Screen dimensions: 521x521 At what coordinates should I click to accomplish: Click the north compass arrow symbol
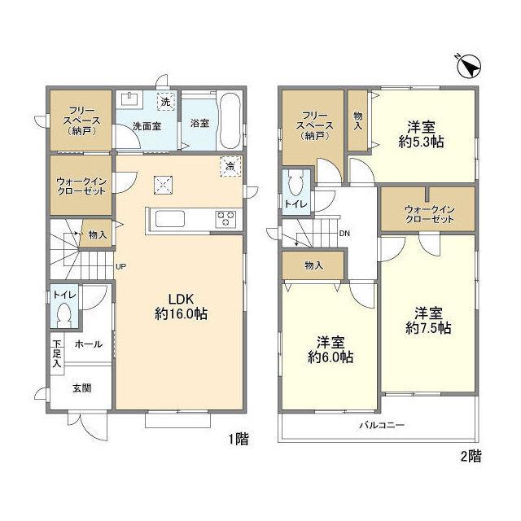click(x=469, y=66)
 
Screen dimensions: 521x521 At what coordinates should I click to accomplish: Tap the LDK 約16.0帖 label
click(x=181, y=306)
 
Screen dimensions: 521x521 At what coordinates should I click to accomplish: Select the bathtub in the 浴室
click(x=230, y=121)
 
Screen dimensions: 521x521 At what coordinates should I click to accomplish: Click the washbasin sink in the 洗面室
click(x=129, y=99)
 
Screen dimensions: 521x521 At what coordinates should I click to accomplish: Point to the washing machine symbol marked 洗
click(x=165, y=101)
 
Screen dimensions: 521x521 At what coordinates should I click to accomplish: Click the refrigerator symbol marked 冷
click(x=230, y=166)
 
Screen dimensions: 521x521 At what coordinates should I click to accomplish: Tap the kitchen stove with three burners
click(x=226, y=219)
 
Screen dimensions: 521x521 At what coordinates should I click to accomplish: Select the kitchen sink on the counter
click(x=170, y=219)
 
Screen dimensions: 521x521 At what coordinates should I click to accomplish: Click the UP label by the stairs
click(x=121, y=266)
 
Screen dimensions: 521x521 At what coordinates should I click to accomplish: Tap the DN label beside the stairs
click(x=344, y=234)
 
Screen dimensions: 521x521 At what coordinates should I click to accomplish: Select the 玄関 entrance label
click(x=81, y=387)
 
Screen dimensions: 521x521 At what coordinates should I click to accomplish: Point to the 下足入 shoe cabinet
click(x=57, y=354)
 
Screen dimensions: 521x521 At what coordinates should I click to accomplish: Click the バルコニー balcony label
click(x=382, y=425)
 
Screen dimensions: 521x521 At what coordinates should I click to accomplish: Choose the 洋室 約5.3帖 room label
click(x=422, y=134)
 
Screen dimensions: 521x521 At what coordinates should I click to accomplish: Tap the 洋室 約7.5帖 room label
click(x=428, y=320)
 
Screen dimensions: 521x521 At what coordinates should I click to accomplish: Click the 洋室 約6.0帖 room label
click(x=331, y=349)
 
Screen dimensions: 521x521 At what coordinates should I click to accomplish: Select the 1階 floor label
click(x=238, y=439)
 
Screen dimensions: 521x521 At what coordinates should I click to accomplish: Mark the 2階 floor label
click(x=471, y=456)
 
